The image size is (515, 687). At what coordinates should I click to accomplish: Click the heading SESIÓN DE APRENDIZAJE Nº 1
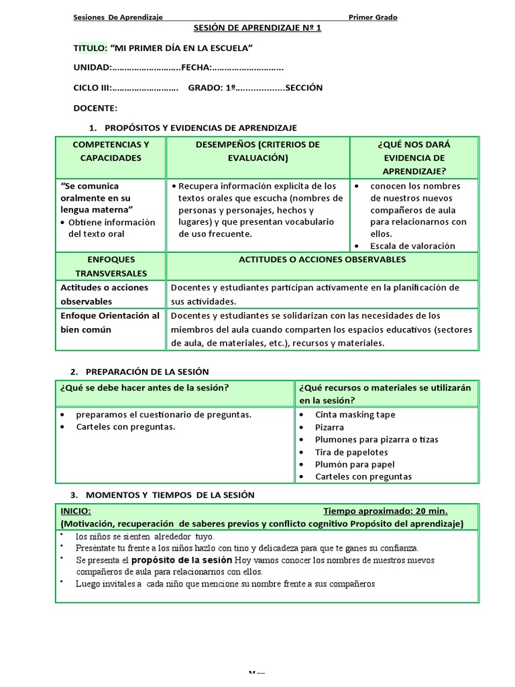tap(257, 28)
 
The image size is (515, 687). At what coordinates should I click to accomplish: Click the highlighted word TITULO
tap(89, 48)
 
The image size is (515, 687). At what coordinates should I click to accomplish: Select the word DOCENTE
tap(95, 108)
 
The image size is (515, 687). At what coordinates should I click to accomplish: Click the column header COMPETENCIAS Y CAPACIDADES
tap(111, 151)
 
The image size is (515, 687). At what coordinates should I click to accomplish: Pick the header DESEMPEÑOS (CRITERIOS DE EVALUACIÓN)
tap(257, 151)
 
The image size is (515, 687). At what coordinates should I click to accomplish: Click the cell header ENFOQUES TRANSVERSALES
tap(111, 266)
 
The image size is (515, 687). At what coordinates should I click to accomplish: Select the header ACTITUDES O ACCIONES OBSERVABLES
tap(322, 260)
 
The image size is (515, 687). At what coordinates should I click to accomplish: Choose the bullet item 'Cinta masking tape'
tap(355, 415)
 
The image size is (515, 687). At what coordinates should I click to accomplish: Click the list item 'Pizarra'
tap(329, 427)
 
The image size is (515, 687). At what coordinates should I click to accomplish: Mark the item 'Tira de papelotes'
tap(351, 452)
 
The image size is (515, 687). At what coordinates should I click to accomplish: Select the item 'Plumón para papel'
tap(355, 464)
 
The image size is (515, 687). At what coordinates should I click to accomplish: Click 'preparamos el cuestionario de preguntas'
tap(164, 415)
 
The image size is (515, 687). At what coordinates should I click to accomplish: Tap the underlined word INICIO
tap(76, 511)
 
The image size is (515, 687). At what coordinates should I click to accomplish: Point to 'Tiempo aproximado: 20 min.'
tap(386, 511)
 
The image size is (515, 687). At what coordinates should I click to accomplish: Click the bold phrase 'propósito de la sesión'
tap(182, 560)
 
